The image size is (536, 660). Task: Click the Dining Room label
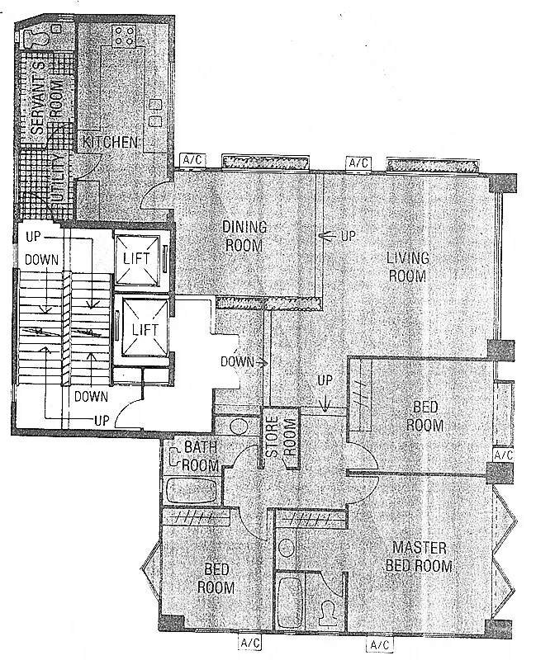(244, 236)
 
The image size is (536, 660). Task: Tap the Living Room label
(407, 266)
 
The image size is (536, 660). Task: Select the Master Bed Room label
(419, 556)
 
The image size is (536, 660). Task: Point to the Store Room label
(280, 436)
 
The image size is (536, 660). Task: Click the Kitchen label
(110, 142)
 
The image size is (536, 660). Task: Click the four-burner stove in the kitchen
(124, 35)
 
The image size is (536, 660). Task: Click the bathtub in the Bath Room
(192, 490)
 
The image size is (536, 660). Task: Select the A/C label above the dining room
(193, 159)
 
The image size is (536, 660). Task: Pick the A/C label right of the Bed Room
(503, 455)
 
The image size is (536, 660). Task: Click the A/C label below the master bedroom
(380, 644)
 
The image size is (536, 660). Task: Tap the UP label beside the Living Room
(349, 236)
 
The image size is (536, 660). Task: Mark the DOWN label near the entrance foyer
(237, 361)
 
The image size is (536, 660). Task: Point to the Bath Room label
(201, 456)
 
